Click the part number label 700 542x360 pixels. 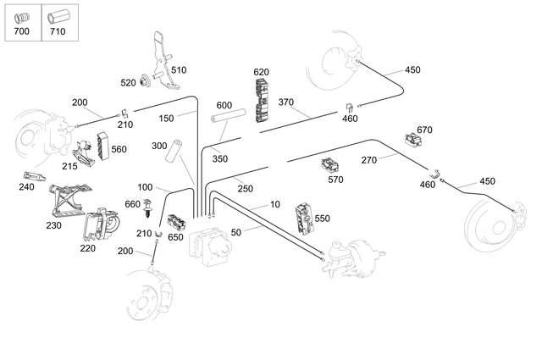coord(21,32)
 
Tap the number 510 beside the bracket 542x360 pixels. coord(179,69)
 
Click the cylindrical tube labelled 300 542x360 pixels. coord(175,151)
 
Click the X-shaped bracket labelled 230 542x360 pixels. coord(71,200)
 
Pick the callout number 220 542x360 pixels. coord(88,248)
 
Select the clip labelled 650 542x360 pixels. coord(178,223)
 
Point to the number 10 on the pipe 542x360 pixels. coord(274,205)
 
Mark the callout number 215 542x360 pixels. coord(69,166)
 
